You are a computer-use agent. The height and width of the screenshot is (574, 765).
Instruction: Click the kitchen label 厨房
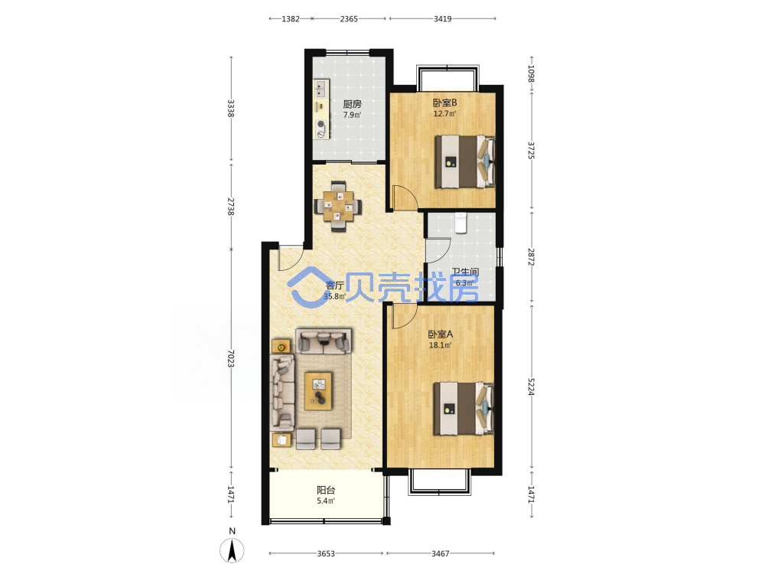tap(352, 104)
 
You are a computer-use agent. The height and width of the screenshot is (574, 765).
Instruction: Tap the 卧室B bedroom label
tap(444, 103)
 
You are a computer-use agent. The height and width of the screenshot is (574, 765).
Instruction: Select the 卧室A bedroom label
tap(440, 334)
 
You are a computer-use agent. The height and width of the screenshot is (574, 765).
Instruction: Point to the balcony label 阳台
tap(326, 490)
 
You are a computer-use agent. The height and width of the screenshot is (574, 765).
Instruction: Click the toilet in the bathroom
tap(461, 223)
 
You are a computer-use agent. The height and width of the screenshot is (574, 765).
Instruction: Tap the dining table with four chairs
tap(338, 206)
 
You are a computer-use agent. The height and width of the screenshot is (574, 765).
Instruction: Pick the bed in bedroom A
tap(464, 409)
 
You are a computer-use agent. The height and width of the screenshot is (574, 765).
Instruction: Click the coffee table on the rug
tap(318, 391)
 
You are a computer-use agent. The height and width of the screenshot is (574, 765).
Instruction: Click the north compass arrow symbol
tap(233, 551)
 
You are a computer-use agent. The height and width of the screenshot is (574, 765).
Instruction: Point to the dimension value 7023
tap(231, 359)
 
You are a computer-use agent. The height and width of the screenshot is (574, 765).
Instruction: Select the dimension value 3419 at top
tap(442, 19)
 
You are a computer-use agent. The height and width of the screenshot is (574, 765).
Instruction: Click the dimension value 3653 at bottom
tap(326, 553)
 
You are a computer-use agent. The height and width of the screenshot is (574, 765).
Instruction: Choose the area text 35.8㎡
tap(335, 296)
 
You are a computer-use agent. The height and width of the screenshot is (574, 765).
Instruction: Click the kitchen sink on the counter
tap(321, 90)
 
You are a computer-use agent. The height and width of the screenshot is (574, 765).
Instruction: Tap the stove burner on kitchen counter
tap(321, 124)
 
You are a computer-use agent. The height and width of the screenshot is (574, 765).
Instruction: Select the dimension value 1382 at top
tap(291, 19)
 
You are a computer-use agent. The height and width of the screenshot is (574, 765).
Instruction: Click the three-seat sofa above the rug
tap(324, 341)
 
